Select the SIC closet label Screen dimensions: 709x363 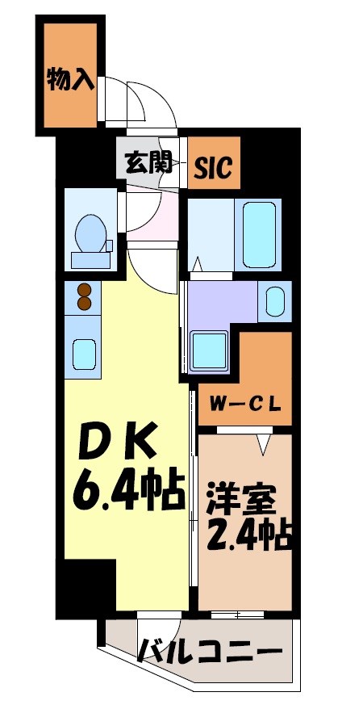tap(214, 168)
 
